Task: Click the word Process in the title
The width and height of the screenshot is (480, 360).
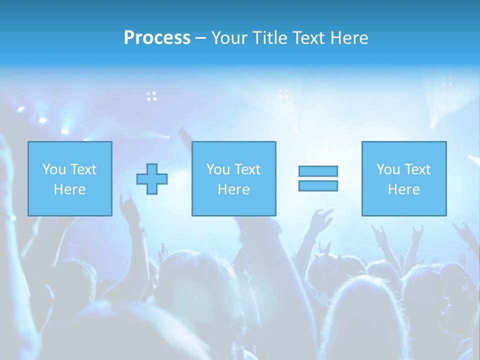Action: tap(157, 38)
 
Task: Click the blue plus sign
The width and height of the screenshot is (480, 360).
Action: tap(152, 179)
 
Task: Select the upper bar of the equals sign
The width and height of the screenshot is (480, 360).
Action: tap(318, 171)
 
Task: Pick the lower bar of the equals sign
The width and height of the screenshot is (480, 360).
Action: tap(318, 186)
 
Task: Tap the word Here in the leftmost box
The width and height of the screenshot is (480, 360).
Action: tap(70, 189)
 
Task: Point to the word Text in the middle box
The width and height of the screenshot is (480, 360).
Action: tap(246, 169)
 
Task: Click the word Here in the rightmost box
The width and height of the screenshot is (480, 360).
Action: tap(404, 189)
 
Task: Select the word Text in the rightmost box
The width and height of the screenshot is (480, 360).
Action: tap(416, 169)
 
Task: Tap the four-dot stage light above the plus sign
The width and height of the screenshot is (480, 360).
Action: tap(151, 96)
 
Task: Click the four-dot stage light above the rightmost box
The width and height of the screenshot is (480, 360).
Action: tap(447, 81)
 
